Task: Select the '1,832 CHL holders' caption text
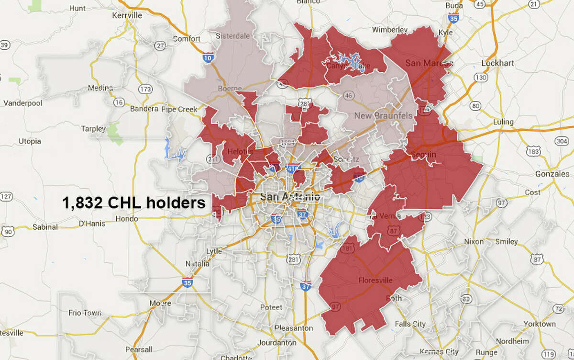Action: (x=133, y=202)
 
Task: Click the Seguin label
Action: (x=423, y=154)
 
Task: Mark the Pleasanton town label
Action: (x=293, y=328)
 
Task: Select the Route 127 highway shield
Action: (x=6, y=196)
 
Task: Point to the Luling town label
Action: (x=502, y=122)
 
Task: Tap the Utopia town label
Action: (x=29, y=141)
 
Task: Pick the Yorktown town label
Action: (x=540, y=324)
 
